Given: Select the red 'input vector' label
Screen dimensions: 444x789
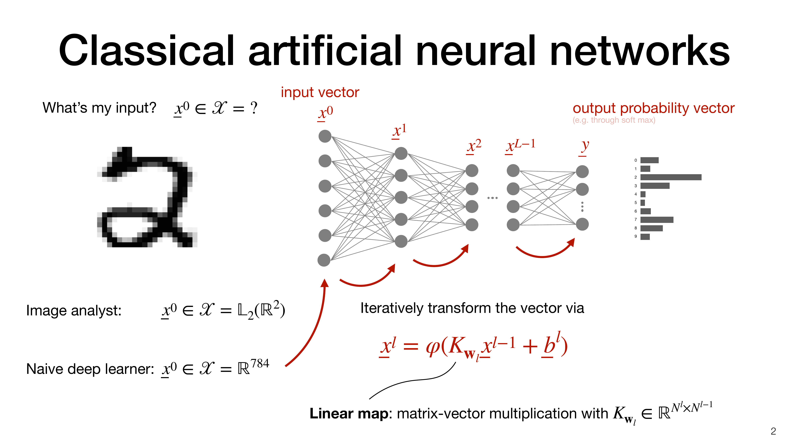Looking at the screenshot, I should [x=320, y=92].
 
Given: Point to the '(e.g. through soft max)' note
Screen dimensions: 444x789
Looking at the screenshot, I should [x=614, y=120].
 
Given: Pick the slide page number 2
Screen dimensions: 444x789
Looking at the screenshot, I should [x=773, y=431].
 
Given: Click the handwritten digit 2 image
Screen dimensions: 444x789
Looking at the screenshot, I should [x=147, y=198].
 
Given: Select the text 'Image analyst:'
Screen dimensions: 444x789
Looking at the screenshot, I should [x=74, y=310].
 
